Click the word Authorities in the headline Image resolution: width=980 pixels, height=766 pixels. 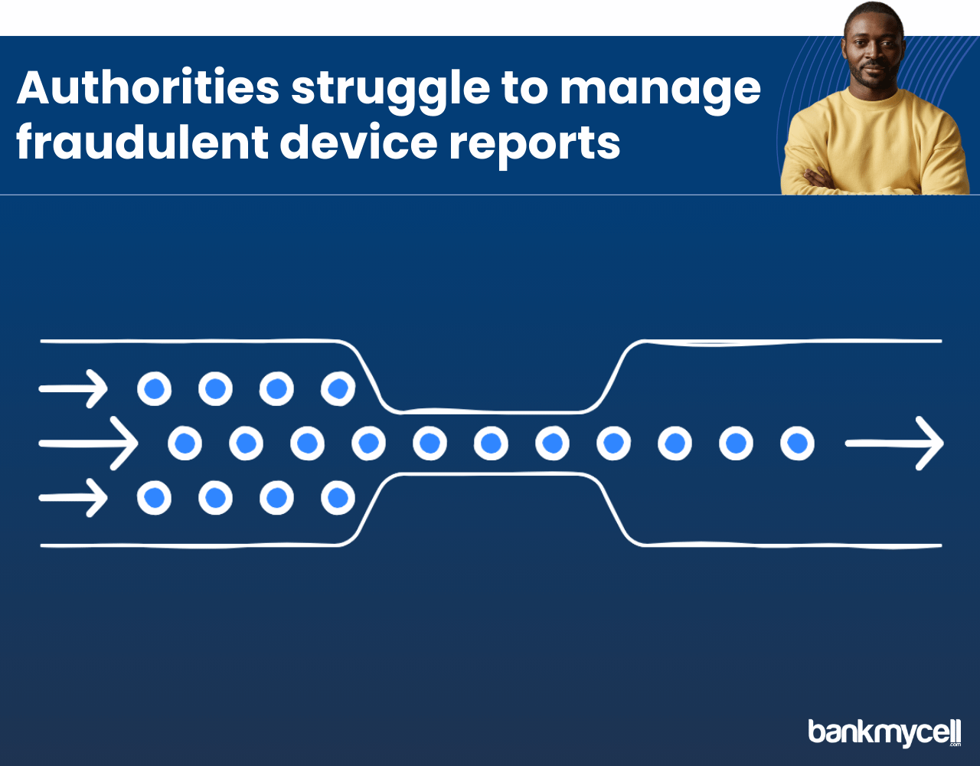(x=148, y=87)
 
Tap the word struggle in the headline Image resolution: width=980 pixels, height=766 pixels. (x=390, y=92)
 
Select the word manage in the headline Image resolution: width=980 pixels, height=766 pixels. (x=660, y=93)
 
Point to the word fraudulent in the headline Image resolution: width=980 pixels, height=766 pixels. (x=142, y=142)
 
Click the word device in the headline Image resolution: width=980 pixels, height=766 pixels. (x=359, y=142)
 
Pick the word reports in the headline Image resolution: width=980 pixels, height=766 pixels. (x=535, y=146)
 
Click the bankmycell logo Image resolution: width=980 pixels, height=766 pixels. (x=884, y=732)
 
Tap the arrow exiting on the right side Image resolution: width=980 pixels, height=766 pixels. (x=894, y=444)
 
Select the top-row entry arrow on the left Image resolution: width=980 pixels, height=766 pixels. (x=73, y=388)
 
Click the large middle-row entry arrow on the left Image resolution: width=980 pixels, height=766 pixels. (x=88, y=444)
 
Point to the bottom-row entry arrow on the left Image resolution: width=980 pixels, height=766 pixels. (x=73, y=498)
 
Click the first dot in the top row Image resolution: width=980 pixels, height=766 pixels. (x=154, y=388)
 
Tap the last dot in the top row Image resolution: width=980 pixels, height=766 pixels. (x=338, y=388)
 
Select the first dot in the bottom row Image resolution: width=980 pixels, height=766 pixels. (x=154, y=498)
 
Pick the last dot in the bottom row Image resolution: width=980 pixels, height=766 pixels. (x=338, y=498)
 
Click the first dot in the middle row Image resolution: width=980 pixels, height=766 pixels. (x=185, y=444)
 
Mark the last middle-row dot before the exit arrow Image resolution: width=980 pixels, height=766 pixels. (x=797, y=444)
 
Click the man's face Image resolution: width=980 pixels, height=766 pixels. (x=874, y=52)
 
